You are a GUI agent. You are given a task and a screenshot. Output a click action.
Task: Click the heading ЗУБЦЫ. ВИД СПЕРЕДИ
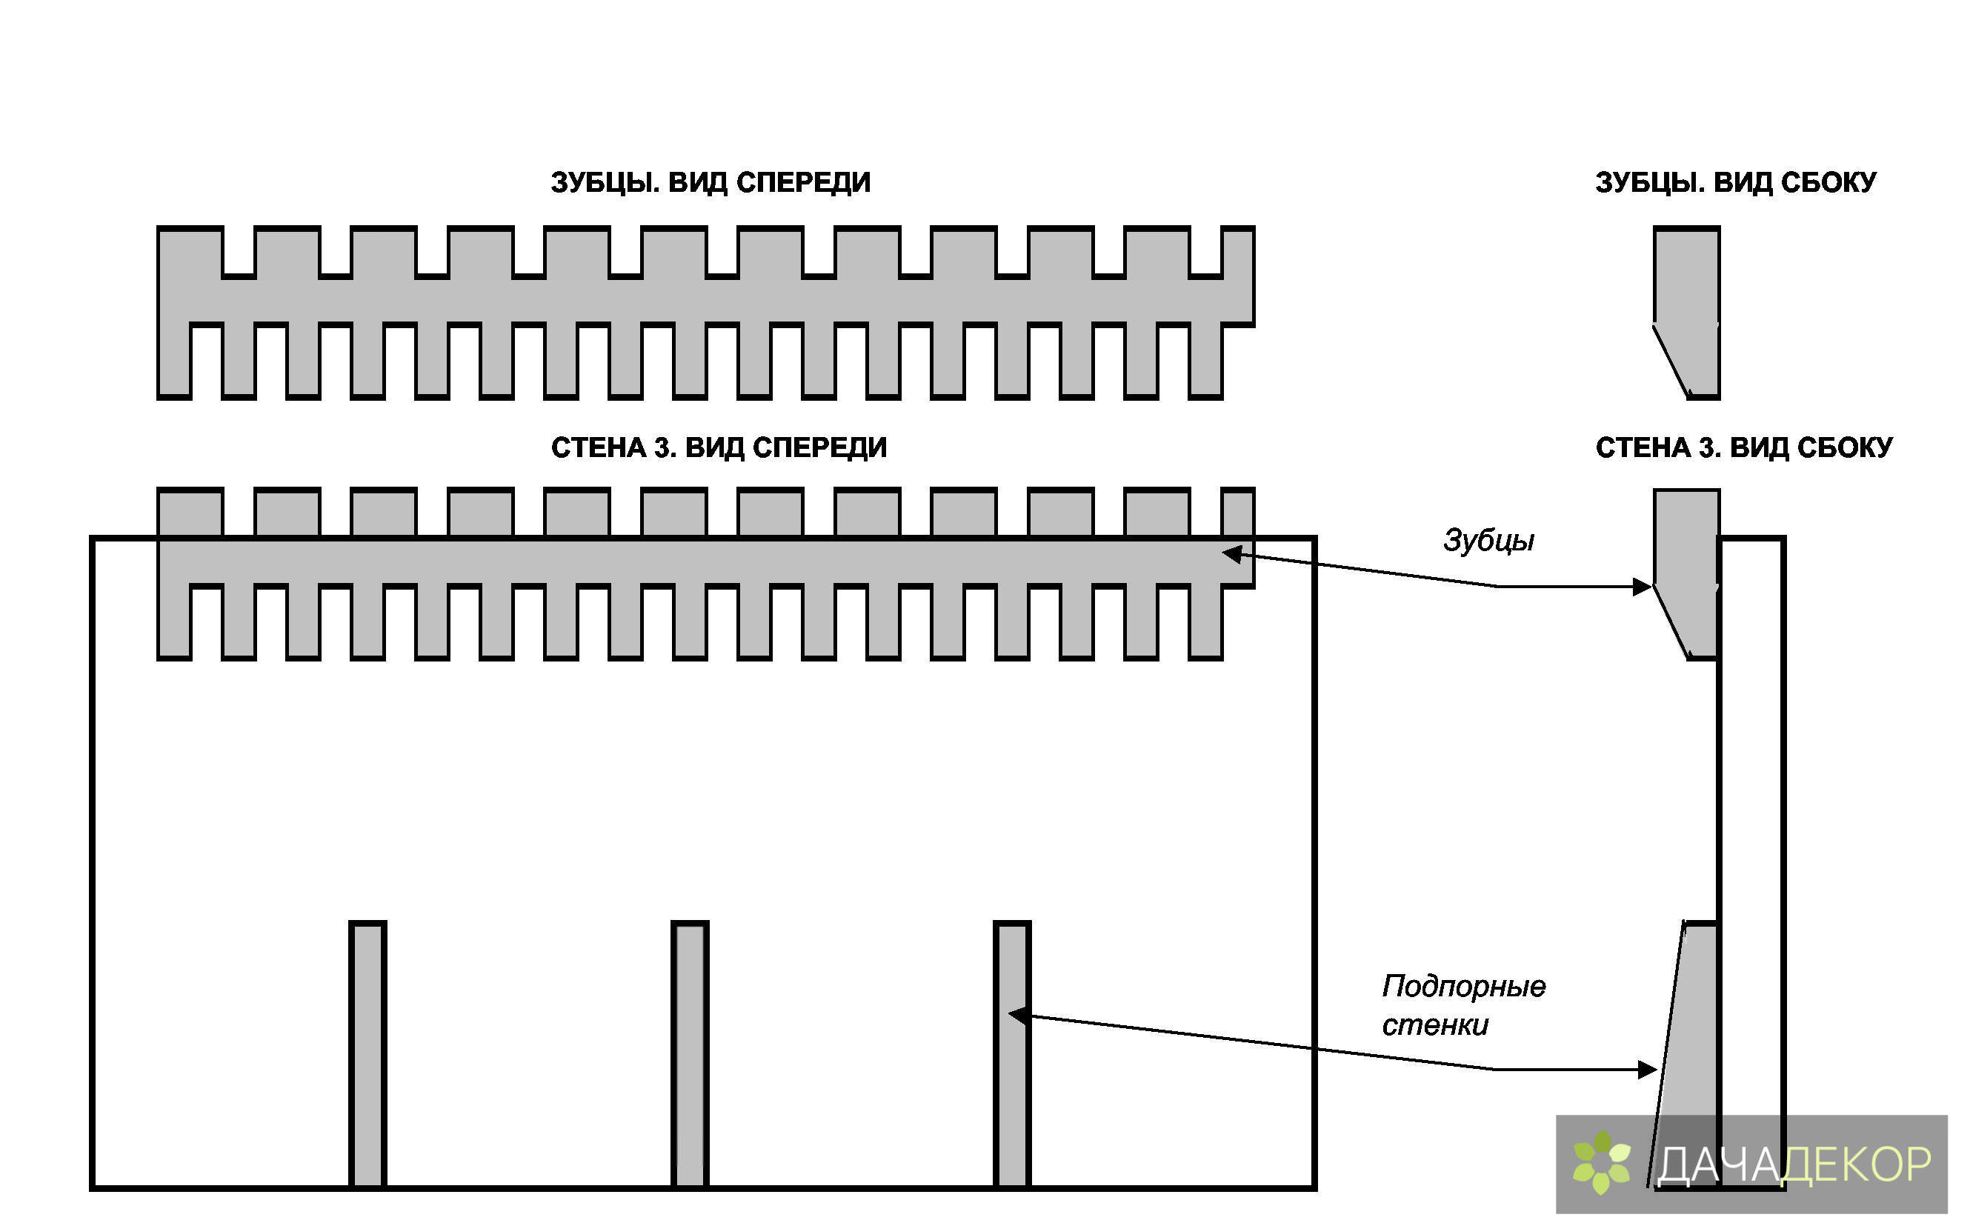coord(711,183)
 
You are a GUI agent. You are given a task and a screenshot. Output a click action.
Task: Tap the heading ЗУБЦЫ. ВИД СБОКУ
coord(1735,183)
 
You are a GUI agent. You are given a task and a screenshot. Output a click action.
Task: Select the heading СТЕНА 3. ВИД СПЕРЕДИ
coord(719,447)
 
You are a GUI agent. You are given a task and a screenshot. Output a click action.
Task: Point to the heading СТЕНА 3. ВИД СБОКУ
coord(1743,447)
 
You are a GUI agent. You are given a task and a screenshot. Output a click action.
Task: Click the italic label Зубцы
coord(1488,540)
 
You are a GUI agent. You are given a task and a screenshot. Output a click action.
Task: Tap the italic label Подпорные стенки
coord(1462,1005)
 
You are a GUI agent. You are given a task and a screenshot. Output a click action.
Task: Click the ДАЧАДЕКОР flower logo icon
coord(1602,1163)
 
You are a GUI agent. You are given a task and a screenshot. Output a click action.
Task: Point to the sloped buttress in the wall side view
coord(1691,1052)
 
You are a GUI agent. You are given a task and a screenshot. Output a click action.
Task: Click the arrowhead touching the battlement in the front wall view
coord(1231,554)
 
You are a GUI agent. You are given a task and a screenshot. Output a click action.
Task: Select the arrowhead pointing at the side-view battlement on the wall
coord(1642,587)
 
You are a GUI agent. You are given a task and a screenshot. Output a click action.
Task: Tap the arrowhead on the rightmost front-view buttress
coord(1019,1014)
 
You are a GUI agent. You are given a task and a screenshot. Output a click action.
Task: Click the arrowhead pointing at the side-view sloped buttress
coord(1646,1070)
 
